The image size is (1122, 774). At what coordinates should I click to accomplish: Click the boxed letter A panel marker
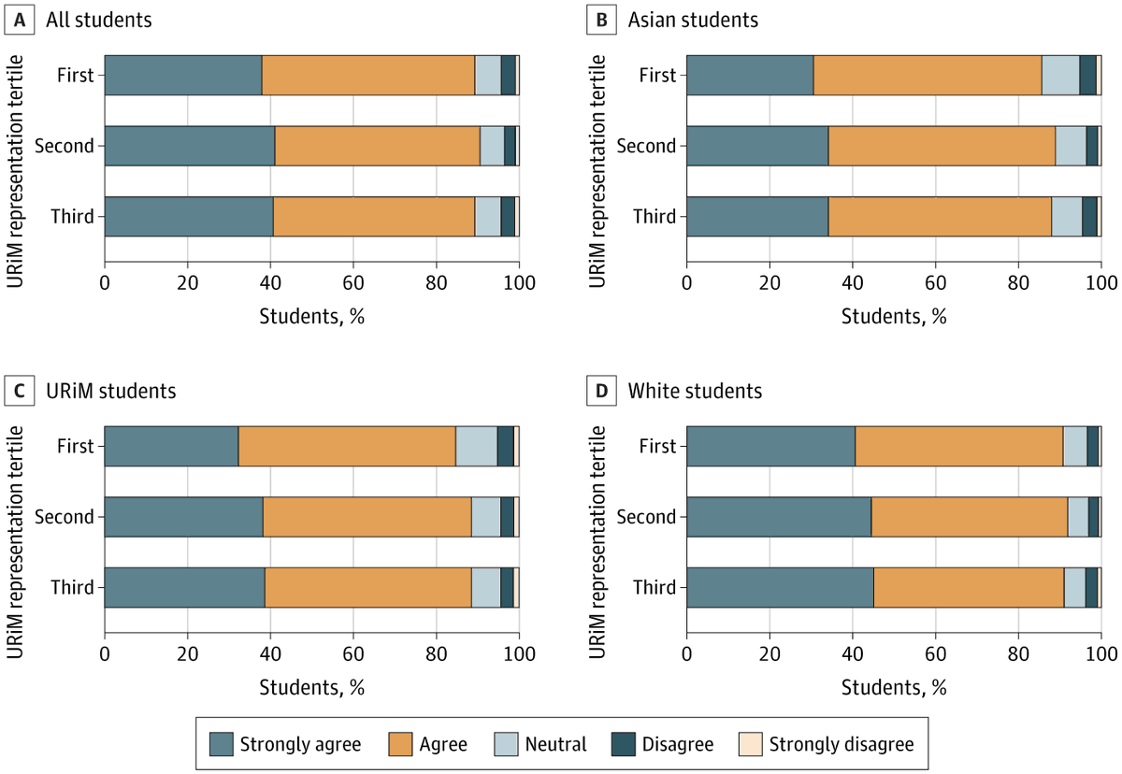(x=20, y=20)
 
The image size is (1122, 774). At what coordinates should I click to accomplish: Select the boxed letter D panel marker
(x=603, y=390)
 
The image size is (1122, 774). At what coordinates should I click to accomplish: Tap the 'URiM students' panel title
(x=111, y=390)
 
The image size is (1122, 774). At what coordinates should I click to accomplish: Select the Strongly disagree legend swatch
(x=749, y=744)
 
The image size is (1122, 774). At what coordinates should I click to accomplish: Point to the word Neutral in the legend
(x=556, y=744)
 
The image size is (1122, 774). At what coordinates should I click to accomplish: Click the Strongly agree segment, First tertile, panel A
(x=182, y=75)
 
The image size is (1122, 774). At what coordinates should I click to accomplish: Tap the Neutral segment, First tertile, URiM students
(x=476, y=446)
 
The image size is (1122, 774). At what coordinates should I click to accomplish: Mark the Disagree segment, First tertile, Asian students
(x=1087, y=75)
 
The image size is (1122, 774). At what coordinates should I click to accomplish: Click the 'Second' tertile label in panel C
(x=65, y=517)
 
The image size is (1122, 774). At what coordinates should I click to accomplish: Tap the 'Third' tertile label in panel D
(x=654, y=588)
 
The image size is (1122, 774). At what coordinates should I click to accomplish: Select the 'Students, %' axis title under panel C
(x=311, y=687)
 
